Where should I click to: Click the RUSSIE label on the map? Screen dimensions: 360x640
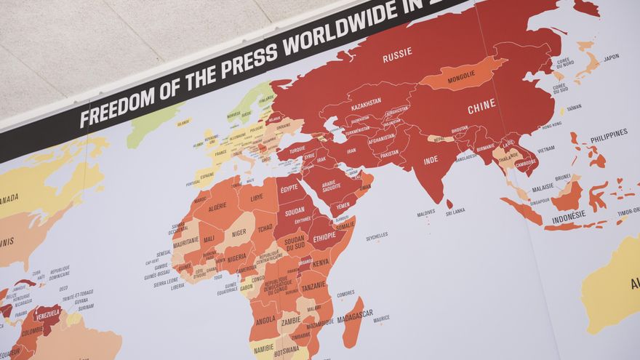click(x=397, y=55)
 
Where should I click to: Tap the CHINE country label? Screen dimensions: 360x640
click(x=481, y=107)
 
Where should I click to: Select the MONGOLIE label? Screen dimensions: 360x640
click(x=461, y=76)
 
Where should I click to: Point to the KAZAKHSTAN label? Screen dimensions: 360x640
click(x=366, y=106)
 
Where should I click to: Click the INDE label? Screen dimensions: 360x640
click(x=431, y=160)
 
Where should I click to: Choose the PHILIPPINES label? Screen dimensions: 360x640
click(x=609, y=135)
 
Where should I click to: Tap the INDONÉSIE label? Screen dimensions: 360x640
click(x=569, y=217)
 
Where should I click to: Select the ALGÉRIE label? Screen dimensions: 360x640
click(x=217, y=207)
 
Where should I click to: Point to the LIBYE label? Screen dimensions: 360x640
click(x=257, y=197)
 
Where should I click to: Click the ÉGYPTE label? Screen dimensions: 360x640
click(x=289, y=188)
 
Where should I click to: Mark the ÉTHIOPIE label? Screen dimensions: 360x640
click(x=324, y=236)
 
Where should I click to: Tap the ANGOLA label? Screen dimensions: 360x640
click(x=265, y=320)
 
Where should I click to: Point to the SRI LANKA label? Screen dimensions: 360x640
click(x=455, y=212)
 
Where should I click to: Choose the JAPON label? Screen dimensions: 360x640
click(x=611, y=57)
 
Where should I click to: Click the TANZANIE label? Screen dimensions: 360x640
click(x=314, y=286)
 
